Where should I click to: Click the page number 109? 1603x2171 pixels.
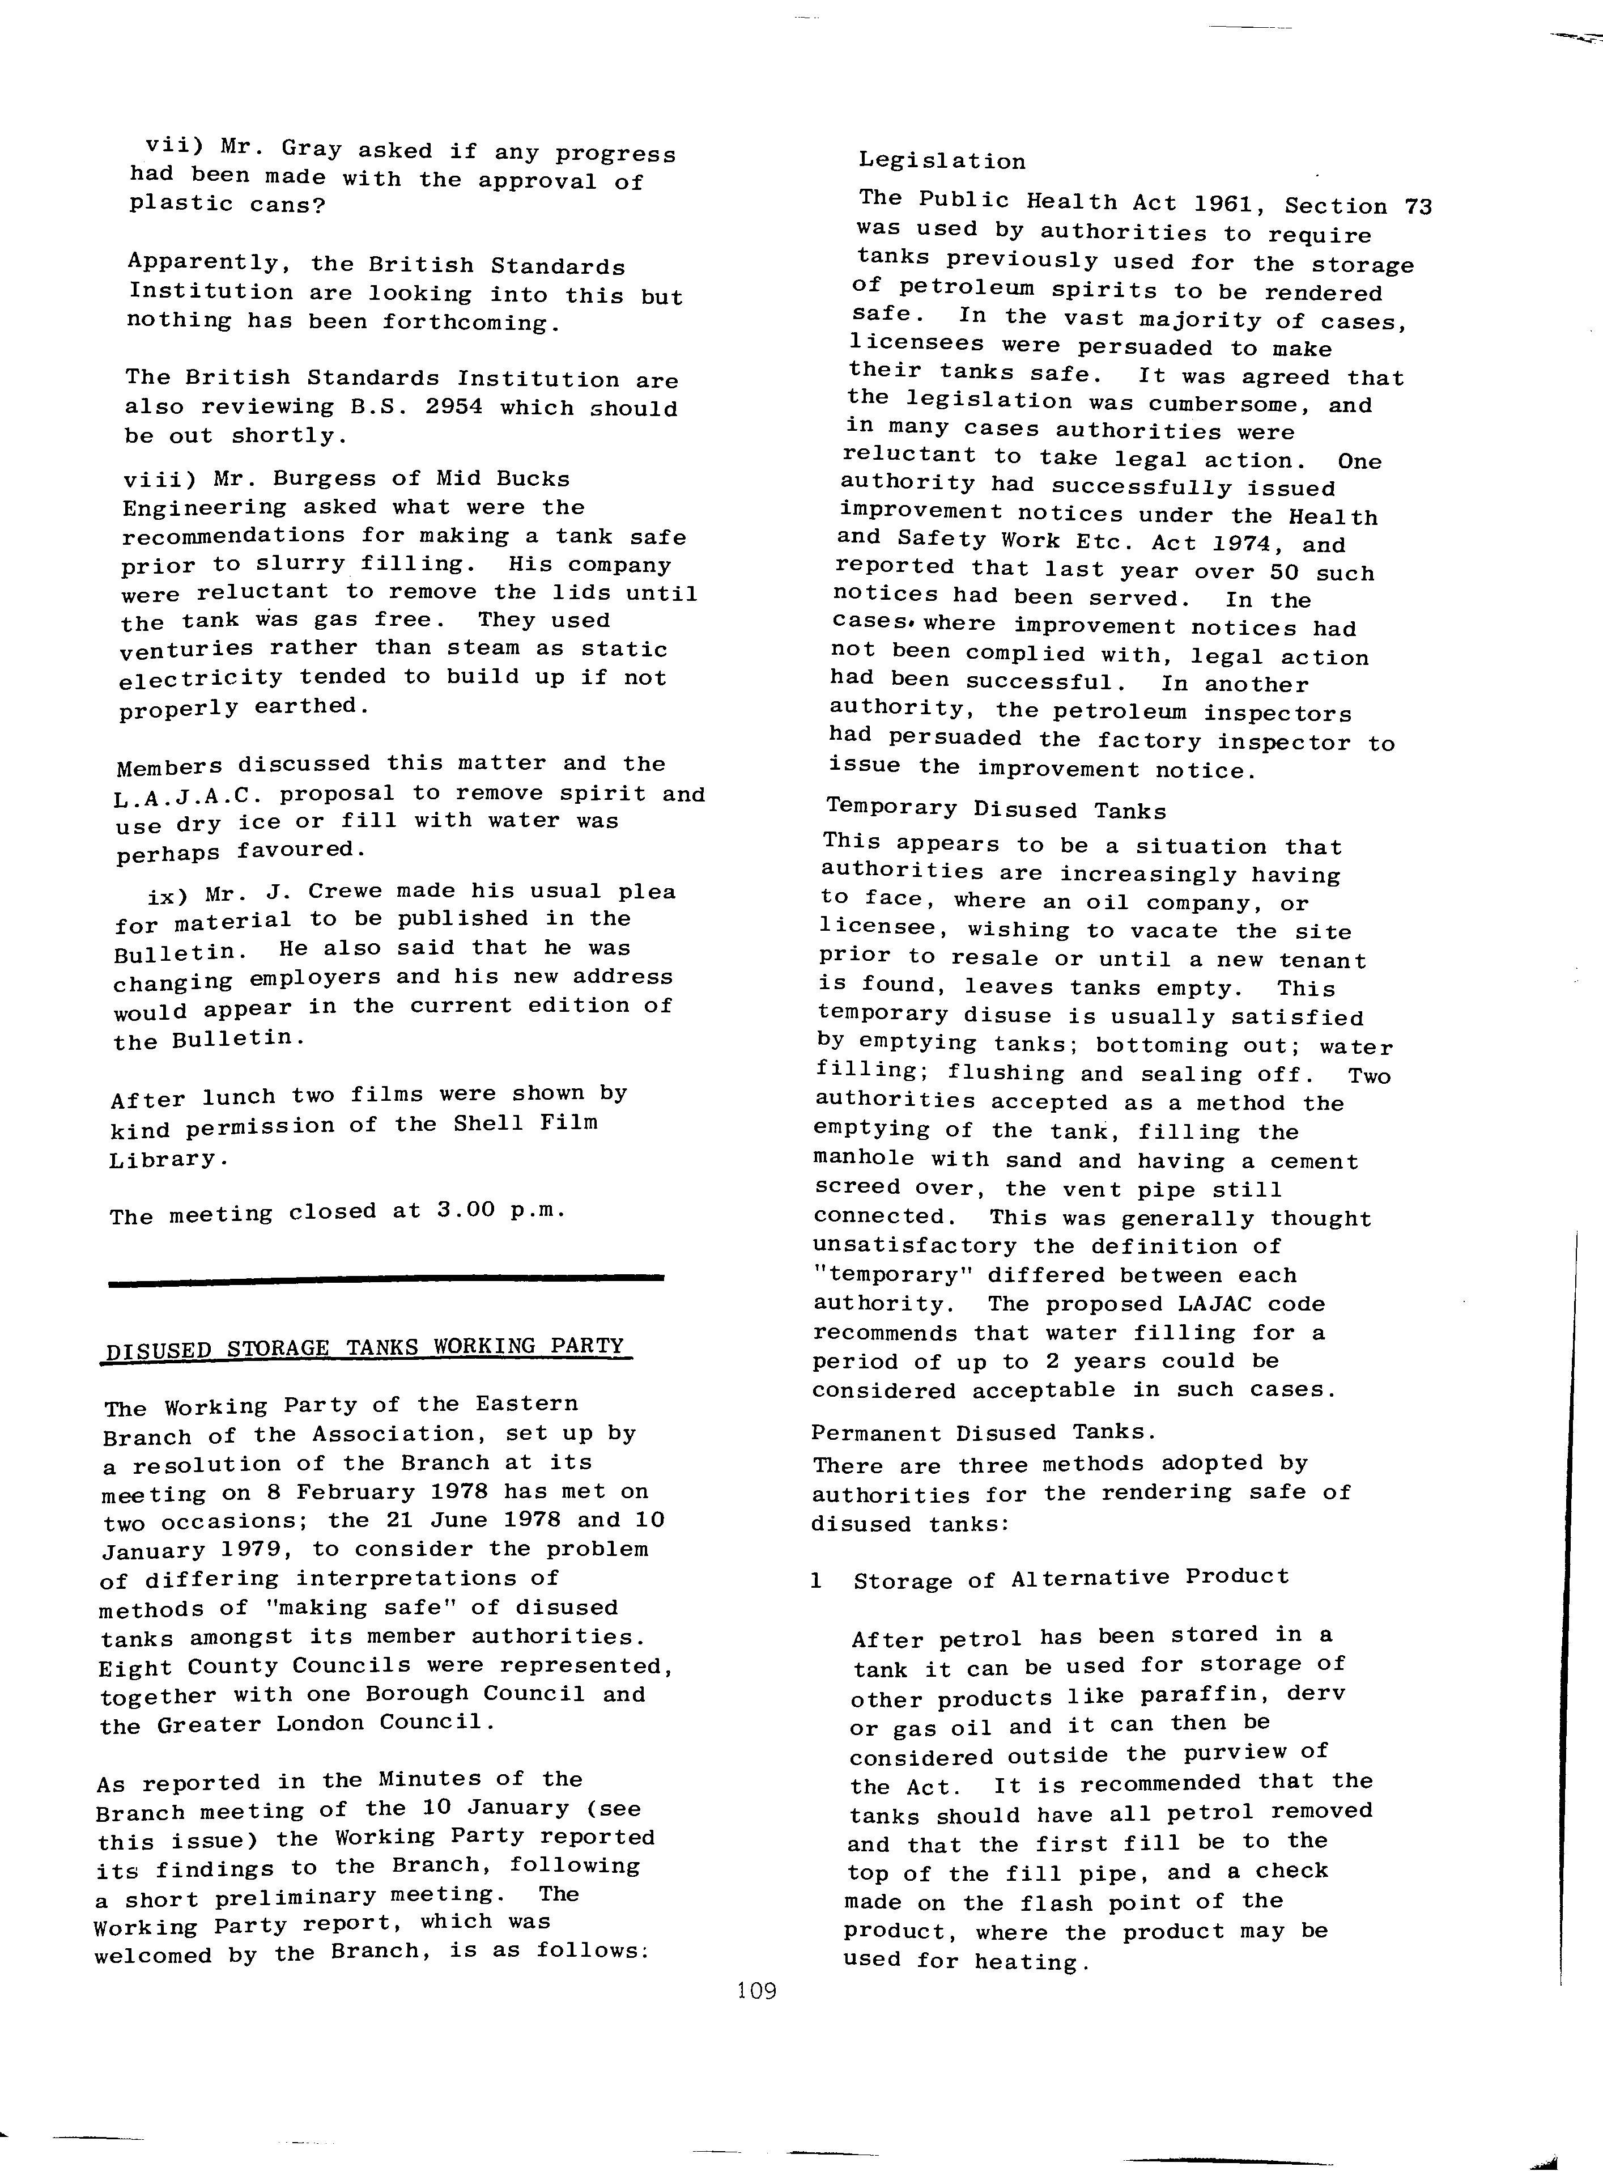point(757,1991)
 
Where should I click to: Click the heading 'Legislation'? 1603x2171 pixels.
point(941,161)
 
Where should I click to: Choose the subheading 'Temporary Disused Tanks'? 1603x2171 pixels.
point(996,809)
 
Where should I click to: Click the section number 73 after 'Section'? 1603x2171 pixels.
point(1417,207)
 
